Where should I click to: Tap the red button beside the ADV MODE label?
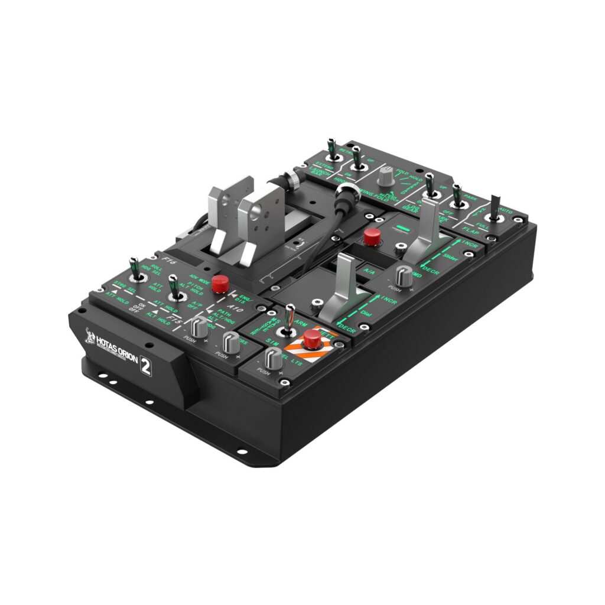(220, 283)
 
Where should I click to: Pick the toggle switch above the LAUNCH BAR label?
(332, 151)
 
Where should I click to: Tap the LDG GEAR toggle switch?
(431, 187)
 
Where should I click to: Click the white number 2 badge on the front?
(145, 366)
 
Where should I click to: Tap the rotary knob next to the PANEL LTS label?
(272, 357)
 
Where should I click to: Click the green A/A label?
(369, 272)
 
